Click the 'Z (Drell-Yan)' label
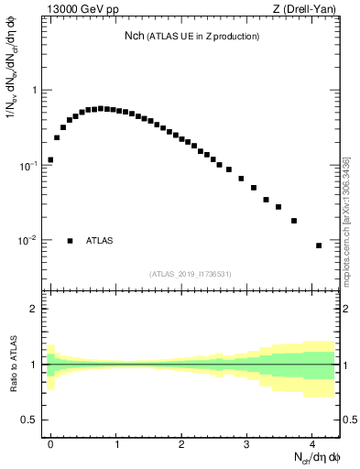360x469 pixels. pyautogui.click(x=307, y=11)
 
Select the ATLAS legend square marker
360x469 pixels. pyautogui.click(x=70, y=241)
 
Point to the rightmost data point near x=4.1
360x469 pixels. pyautogui.click(x=319, y=245)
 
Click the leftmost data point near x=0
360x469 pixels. pyautogui.click(x=50, y=159)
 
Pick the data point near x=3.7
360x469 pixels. pyautogui.click(x=294, y=221)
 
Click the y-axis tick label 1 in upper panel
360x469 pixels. pyautogui.click(x=35, y=91)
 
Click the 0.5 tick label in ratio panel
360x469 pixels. pyautogui.click(x=29, y=420)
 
